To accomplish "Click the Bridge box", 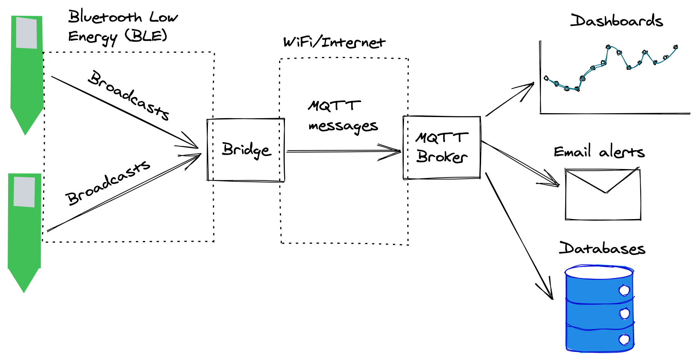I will [246, 150].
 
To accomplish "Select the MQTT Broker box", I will [442, 148].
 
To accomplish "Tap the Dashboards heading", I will [616, 21].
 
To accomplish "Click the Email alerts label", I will [599, 152].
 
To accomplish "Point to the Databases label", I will [602, 248].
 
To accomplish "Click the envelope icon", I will [603, 194].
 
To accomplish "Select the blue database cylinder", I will [599, 308].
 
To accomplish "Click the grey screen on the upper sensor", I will [27, 33].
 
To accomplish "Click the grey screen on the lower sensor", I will [24, 192].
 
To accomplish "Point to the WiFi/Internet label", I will [333, 42].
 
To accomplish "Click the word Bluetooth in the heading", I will [105, 17].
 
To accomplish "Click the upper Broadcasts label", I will [129, 95].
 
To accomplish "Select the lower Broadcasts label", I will [107, 183].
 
